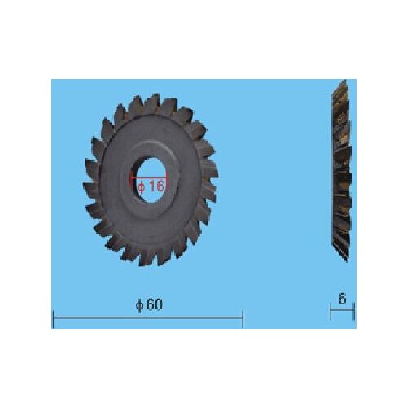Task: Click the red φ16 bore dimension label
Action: [x=151, y=186]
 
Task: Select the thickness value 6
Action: [x=343, y=299]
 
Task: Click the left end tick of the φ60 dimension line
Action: [x=53, y=318]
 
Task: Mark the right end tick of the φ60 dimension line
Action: [x=243, y=318]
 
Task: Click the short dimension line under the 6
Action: [x=343, y=310]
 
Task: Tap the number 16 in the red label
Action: [x=156, y=186]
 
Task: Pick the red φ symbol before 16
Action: [x=142, y=186]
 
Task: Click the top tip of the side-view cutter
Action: [x=343, y=82]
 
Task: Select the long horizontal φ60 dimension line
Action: [x=147, y=318]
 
